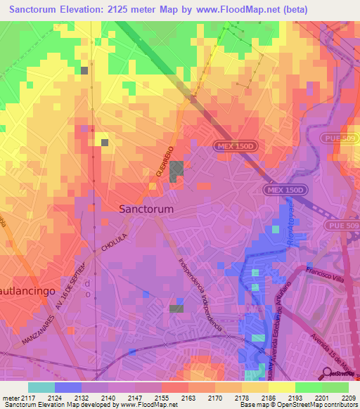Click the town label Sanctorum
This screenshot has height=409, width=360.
(x=146, y=209)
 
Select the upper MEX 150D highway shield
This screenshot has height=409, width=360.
(x=233, y=145)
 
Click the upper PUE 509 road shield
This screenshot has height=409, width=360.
(x=340, y=138)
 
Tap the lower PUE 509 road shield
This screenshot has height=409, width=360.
(x=343, y=225)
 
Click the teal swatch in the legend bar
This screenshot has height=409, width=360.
(x=41, y=387)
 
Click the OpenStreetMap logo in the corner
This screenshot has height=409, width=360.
(x=340, y=374)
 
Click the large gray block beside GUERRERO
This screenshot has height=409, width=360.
(x=176, y=169)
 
